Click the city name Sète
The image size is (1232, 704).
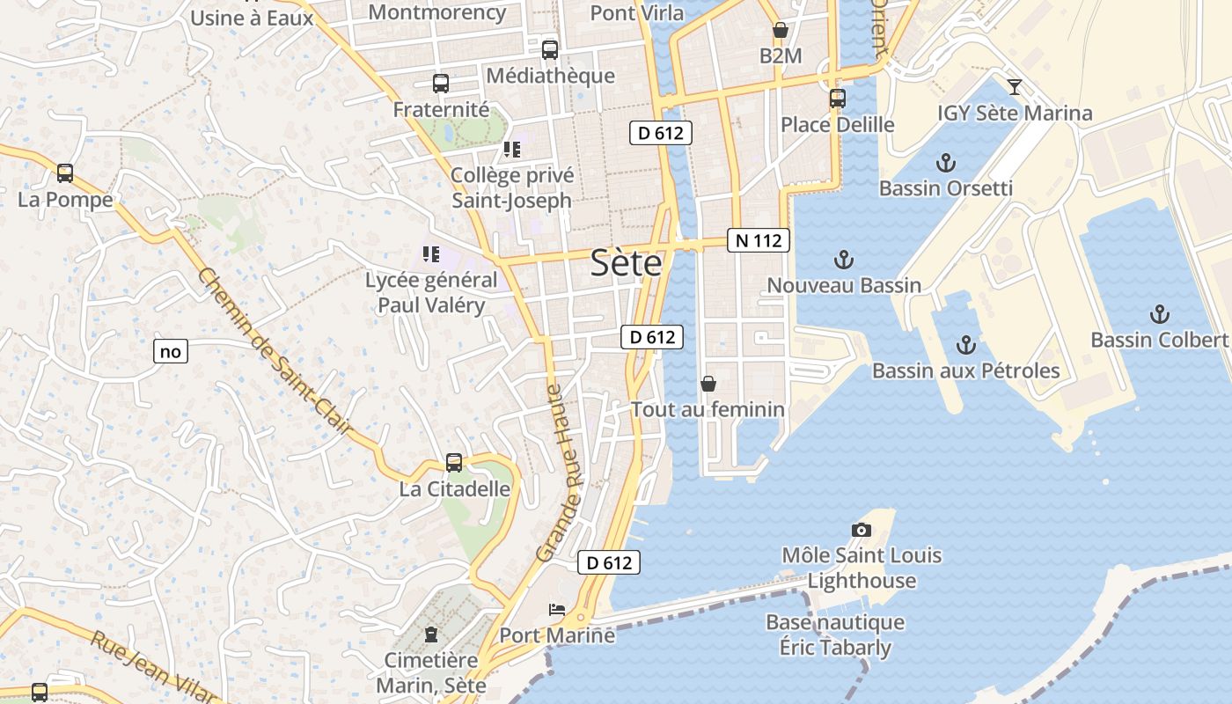pyautogui.click(x=626, y=262)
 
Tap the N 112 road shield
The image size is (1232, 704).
pyautogui.click(x=759, y=240)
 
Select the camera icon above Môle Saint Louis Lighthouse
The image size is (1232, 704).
pyautogui.click(x=862, y=530)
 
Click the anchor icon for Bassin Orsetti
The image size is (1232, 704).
pyautogui.click(x=946, y=163)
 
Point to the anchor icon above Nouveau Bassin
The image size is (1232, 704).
pyautogui.click(x=844, y=260)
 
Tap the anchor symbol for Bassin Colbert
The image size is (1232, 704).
pyautogui.click(x=1160, y=314)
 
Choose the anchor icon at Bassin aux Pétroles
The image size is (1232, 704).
pyautogui.click(x=966, y=345)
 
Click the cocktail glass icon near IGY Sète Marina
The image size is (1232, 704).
pyautogui.click(x=1015, y=87)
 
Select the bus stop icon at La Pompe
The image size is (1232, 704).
pyautogui.click(x=65, y=173)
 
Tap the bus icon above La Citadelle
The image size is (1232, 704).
pyautogui.click(x=454, y=463)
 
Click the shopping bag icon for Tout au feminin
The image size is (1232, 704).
pyautogui.click(x=708, y=384)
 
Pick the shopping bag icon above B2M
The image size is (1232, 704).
pyautogui.click(x=780, y=31)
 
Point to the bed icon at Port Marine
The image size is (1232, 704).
pyautogui.click(x=556, y=609)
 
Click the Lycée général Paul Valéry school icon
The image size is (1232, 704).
pyautogui.click(x=431, y=254)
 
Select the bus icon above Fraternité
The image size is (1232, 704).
pyautogui.click(x=441, y=84)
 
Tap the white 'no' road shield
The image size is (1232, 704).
pyautogui.click(x=171, y=351)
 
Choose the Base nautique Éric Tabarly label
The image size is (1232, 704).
pyautogui.click(x=835, y=634)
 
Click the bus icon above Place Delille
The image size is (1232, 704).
pyautogui.click(x=838, y=99)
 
